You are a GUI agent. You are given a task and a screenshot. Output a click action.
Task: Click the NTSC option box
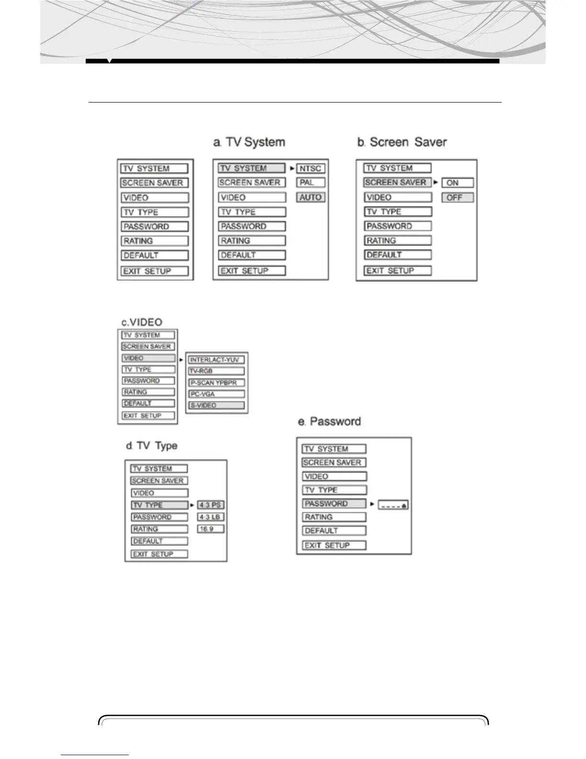click(310, 168)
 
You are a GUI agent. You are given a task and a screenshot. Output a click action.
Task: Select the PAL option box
click(310, 183)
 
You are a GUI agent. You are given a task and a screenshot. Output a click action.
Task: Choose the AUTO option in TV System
click(310, 197)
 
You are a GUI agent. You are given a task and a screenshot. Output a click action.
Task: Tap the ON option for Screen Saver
click(457, 183)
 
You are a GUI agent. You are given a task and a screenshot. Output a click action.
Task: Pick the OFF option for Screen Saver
click(457, 197)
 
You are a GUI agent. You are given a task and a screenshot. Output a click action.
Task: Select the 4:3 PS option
click(211, 505)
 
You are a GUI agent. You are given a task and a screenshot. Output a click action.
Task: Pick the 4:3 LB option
click(211, 517)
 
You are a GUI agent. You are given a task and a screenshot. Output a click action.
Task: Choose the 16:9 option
click(211, 529)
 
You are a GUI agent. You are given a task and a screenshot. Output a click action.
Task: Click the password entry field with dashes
click(393, 505)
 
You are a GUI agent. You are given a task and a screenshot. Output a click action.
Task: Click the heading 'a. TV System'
click(249, 142)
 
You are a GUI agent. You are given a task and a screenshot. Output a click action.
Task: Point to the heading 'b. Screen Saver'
click(402, 142)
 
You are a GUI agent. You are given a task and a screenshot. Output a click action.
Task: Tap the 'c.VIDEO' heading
click(141, 322)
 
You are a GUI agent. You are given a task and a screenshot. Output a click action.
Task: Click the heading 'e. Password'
click(329, 422)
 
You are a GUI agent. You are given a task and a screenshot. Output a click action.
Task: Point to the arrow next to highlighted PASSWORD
click(372, 504)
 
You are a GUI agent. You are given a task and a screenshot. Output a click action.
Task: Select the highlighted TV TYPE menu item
click(159, 505)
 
